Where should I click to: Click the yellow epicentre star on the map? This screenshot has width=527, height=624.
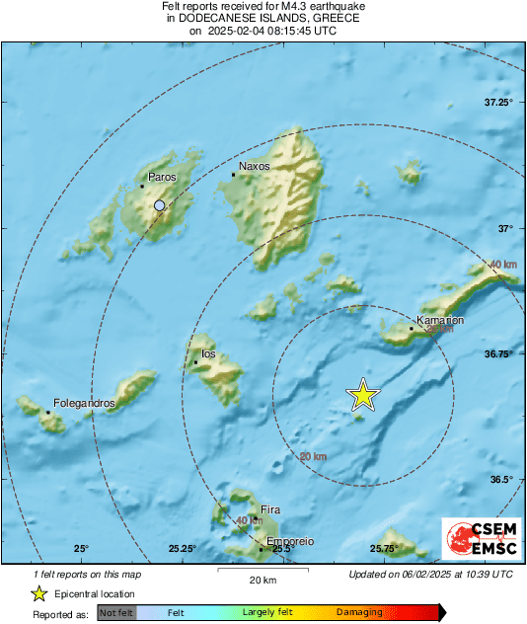click(x=363, y=395)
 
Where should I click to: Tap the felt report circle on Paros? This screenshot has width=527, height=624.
click(x=160, y=205)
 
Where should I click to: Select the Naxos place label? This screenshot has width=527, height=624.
click(x=254, y=167)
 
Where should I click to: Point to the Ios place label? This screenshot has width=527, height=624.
click(x=208, y=353)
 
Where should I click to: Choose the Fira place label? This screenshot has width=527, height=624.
click(x=270, y=509)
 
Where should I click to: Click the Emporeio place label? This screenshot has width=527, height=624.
click(x=291, y=542)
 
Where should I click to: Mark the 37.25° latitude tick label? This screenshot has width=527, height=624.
click(x=499, y=103)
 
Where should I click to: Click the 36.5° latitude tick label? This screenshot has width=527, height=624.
click(x=502, y=480)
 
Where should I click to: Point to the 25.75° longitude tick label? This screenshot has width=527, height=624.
click(x=384, y=549)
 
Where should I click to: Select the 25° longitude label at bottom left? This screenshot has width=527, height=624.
click(x=81, y=549)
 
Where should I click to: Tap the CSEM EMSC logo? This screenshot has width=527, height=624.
click(x=478, y=538)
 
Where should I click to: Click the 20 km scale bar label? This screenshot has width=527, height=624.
click(x=262, y=579)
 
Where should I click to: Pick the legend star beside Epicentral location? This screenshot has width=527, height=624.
click(x=38, y=594)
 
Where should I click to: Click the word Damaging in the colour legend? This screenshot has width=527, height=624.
click(x=359, y=612)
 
